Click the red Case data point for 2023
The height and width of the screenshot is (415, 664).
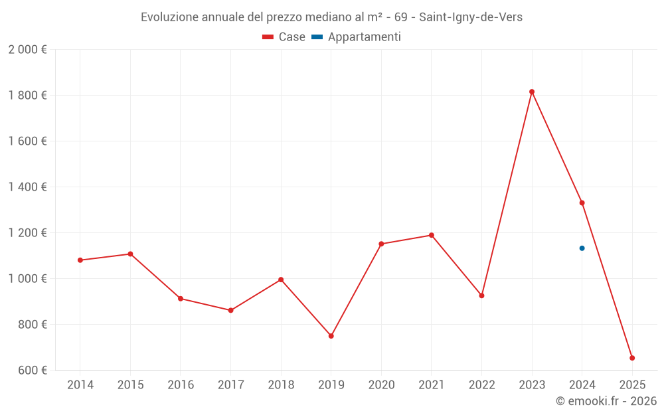[x=532, y=92]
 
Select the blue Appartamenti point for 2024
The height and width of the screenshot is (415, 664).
[x=582, y=248]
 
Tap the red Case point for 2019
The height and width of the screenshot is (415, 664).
[x=331, y=336]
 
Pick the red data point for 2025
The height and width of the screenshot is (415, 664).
[x=632, y=358]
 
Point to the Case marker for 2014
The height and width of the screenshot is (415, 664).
[x=80, y=260]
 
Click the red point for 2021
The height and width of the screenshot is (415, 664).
[x=432, y=235]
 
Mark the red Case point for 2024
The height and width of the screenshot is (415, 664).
[x=582, y=203]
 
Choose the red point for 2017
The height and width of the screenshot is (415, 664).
[x=230, y=310]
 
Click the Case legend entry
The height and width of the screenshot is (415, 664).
[x=284, y=37]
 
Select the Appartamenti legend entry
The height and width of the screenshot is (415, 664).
[x=357, y=37]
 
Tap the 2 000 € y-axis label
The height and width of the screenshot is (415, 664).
[x=27, y=50]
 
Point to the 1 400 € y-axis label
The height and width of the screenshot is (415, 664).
[x=27, y=187]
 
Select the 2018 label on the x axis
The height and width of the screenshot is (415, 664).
[x=281, y=384]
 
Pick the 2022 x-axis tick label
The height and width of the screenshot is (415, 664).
[x=481, y=384]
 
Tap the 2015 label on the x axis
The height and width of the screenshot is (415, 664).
[x=130, y=384]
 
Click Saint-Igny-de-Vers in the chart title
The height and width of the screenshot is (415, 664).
[x=471, y=17]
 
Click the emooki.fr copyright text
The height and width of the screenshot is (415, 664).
[x=606, y=401]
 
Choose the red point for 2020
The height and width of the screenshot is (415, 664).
[x=381, y=244]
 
